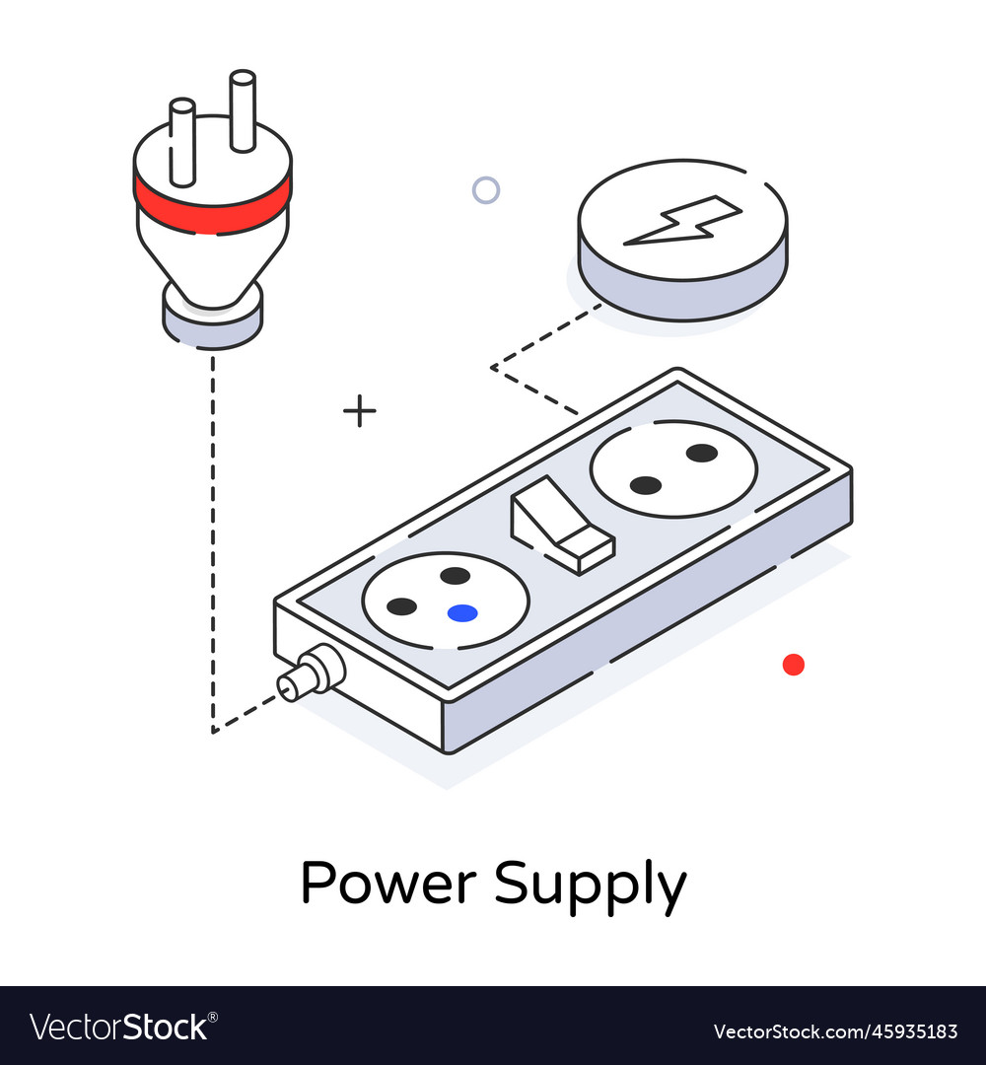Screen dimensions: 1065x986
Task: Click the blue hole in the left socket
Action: (x=461, y=613)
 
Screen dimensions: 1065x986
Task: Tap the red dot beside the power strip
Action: (x=794, y=665)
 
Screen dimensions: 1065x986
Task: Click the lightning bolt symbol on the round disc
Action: (x=682, y=221)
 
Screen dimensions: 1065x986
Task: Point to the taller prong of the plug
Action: (x=243, y=109)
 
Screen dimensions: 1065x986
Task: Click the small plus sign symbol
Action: (x=360, y=410)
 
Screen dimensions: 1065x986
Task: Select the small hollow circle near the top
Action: (x=485, y=190)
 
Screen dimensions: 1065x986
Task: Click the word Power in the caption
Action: (x=389, y=883)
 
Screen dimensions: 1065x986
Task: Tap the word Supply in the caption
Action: (x=590, y=885)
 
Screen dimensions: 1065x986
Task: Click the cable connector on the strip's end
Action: (x=311, y=675)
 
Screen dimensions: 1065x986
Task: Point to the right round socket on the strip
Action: (x=673, y=468)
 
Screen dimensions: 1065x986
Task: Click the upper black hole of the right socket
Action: (x=701, y=453)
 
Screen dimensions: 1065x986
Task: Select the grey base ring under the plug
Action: (x=212, y=322)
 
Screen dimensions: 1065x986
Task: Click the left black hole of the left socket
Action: (x=401, y=606)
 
